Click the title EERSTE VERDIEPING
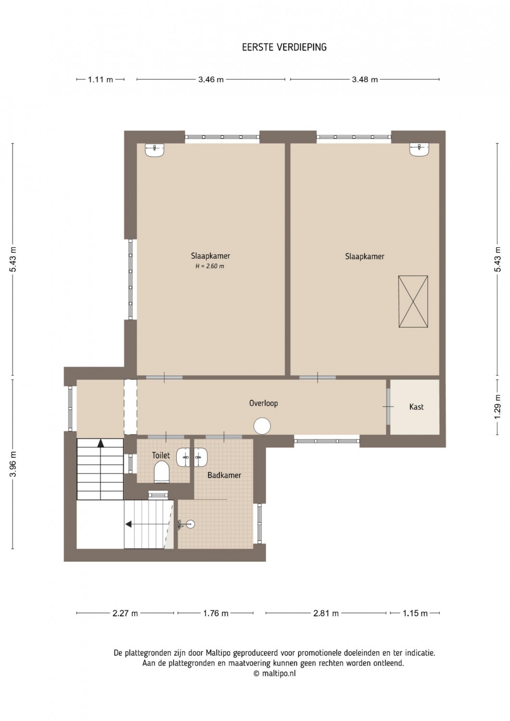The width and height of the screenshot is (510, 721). [x=284, y=47]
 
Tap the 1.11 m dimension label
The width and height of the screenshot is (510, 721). [x=100, y=79]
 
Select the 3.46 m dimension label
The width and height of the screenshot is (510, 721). [x=211, y=79]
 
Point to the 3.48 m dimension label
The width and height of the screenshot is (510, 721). [x=365, y=79]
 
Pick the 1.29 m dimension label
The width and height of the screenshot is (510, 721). [x=498, y=407]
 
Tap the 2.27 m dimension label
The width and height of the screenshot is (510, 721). [x=125, y=613]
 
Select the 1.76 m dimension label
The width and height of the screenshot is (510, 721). [x=215, y=613]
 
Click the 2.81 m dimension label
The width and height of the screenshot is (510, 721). [x=326, y=613]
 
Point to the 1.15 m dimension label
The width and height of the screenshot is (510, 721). [x=415, y=613]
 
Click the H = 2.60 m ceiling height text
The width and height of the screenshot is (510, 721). [x=210, y=266]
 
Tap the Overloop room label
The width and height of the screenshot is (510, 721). [x=263, y=403]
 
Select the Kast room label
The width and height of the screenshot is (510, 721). [x=416, y=407]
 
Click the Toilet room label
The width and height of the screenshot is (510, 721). [x=161, y=456]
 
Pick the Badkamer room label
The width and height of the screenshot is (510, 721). [x=224, y=475]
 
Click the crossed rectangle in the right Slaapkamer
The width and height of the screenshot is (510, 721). [x=413, y=301]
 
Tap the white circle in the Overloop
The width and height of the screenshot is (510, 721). [x=262, y=426]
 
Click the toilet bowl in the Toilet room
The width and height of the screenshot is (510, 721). [x=162, y=472]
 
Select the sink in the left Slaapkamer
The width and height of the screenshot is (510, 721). [x=155, y=150]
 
